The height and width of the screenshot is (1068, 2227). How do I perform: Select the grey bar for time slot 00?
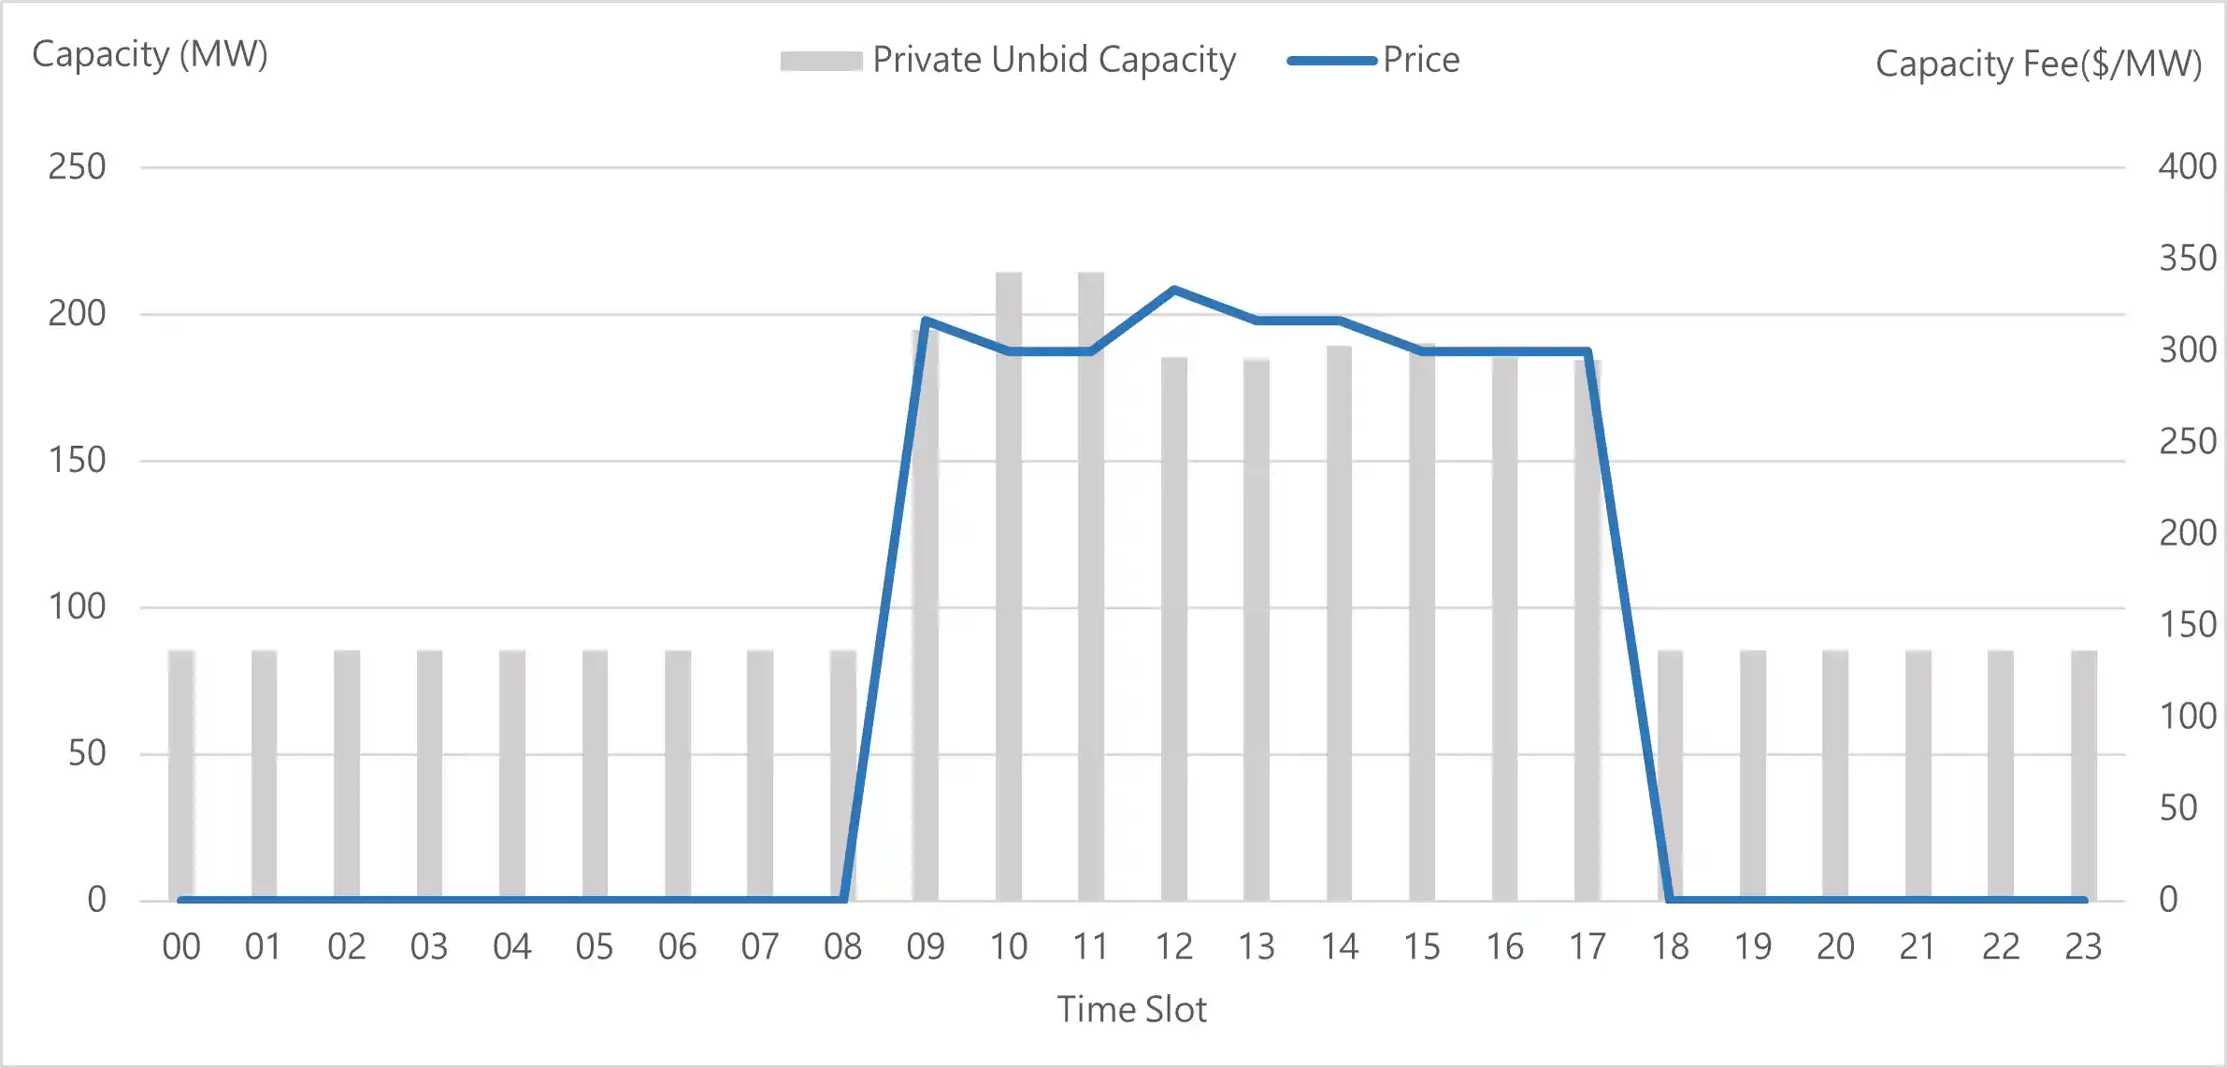(x=181, y=776)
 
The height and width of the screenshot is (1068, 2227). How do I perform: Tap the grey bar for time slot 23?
(x=2083, y=776)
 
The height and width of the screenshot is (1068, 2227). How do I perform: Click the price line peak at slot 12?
(x=1173, y=290)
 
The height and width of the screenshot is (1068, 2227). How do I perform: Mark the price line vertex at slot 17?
(x=1588, y=351)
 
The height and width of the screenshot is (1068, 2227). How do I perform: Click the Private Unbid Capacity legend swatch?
(x=821, y=61)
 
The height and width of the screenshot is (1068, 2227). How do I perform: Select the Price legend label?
(x=1421, y=60)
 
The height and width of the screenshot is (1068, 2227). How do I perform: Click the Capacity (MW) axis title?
(x=150, y=54)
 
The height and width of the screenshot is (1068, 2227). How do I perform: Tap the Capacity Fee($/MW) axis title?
(x=2038, y=64)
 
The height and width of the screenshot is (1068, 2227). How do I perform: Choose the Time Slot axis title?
(x=1131, y=1010)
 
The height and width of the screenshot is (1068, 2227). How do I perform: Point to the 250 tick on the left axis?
(x=77, y=167)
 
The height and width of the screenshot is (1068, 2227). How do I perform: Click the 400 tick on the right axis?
(x=2187, y=166)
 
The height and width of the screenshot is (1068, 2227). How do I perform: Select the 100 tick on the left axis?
(x=77, y=607)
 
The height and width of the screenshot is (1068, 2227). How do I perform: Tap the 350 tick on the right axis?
(x=2187, y=258)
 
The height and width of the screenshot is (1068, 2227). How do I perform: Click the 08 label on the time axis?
(x=842, y=947)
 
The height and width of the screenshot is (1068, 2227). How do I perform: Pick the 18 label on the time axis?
(x=1670, y=947)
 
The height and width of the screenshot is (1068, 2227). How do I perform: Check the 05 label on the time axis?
(x=595, y=947)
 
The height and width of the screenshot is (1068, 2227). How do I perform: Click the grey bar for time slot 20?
(x=1835, y=776)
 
